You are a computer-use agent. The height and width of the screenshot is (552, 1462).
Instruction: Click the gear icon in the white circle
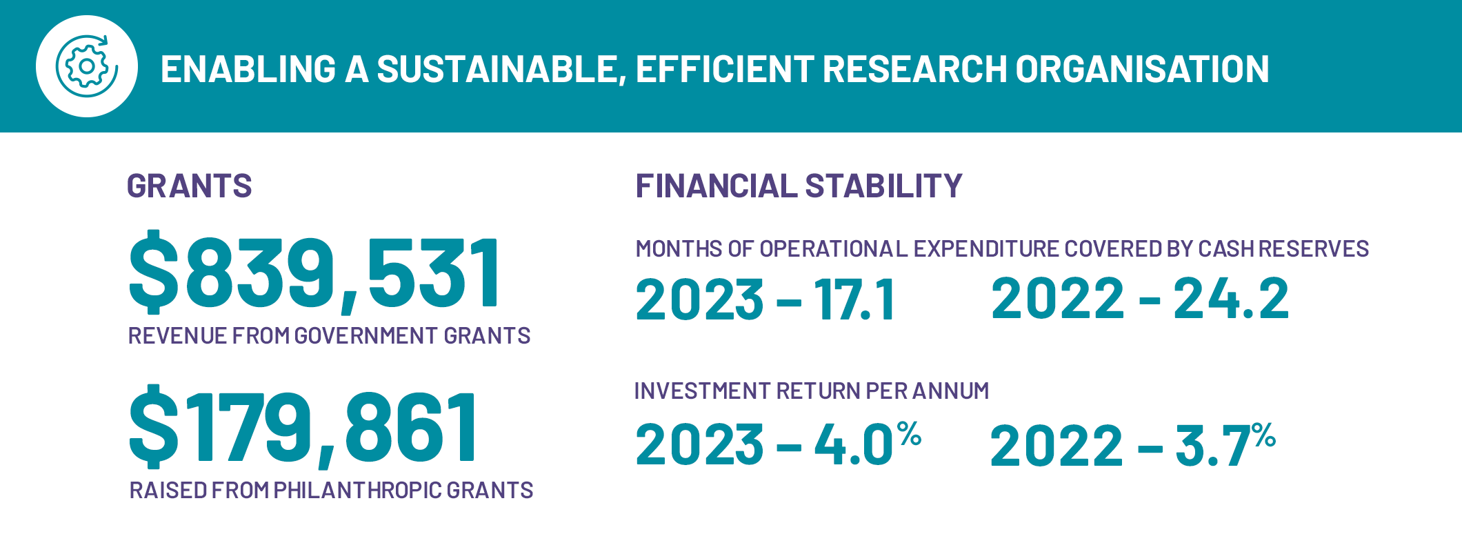(x=87, y=66)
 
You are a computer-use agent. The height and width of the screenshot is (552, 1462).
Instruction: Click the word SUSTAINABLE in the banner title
(x=500, y=70)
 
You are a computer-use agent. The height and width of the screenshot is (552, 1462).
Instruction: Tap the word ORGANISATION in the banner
(x=1142, y=69)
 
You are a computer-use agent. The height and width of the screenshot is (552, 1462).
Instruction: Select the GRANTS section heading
(x=190, y=186)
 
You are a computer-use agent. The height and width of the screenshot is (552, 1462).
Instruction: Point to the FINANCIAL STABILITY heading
(x=799, y=186)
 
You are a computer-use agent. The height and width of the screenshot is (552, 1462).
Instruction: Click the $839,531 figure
(x=314, y=272)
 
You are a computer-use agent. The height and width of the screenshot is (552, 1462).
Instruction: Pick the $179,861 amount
(x=303, y=426)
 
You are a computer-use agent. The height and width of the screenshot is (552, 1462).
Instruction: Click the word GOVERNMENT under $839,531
(x=366, y=336)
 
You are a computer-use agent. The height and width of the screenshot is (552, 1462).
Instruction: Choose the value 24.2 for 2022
(x=1231, y=298)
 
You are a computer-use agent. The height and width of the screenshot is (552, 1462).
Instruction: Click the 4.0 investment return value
(x=854, y=444)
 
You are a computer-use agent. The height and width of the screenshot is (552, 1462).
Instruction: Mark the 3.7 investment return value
(x=1213, y=446)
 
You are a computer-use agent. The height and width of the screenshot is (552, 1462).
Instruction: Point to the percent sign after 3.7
(x=1264, y=435)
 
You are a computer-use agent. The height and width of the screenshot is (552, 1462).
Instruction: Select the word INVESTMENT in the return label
(x=703, y=391)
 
